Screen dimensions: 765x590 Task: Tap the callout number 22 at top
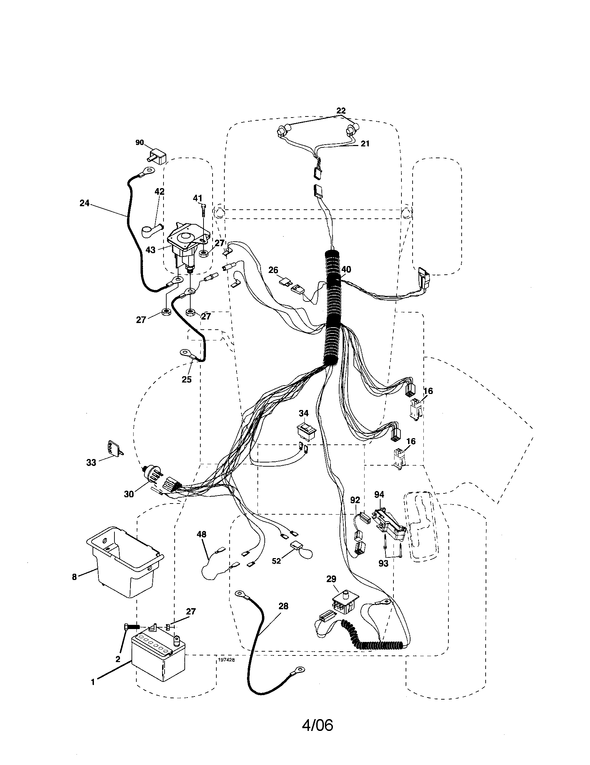(341, 111)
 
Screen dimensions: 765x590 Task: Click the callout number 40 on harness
(346, 269)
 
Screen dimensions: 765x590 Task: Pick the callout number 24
(85, 203)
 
